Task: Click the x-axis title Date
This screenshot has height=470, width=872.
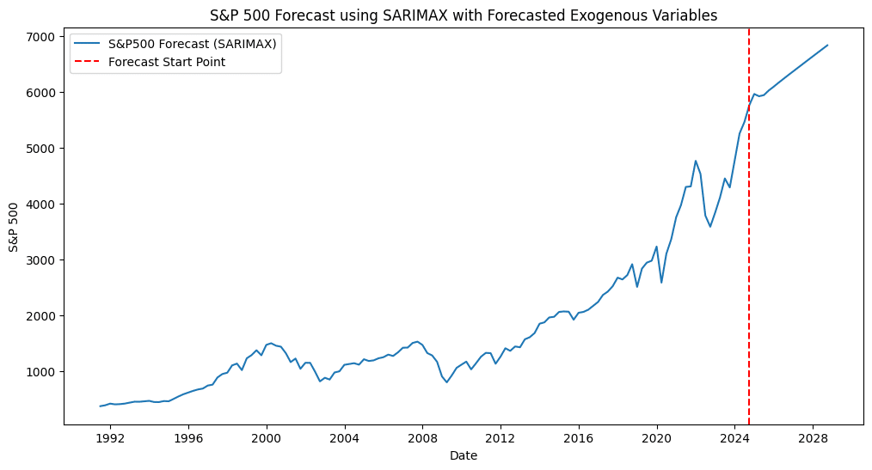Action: (x=464, y=456)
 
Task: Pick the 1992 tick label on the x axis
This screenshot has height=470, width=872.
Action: (x=110, y=438)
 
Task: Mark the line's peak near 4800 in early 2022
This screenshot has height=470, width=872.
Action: (x=696, y=161)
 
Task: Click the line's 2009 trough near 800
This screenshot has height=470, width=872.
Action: (x=446, y=382)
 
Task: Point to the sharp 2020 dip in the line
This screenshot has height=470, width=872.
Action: (x=661, y=283)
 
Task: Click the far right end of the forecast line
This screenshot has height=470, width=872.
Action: (x=827, y=46)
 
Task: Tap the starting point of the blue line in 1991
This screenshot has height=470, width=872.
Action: (x=100, y=406)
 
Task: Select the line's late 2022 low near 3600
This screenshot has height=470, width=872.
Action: (x=710, y=226)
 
